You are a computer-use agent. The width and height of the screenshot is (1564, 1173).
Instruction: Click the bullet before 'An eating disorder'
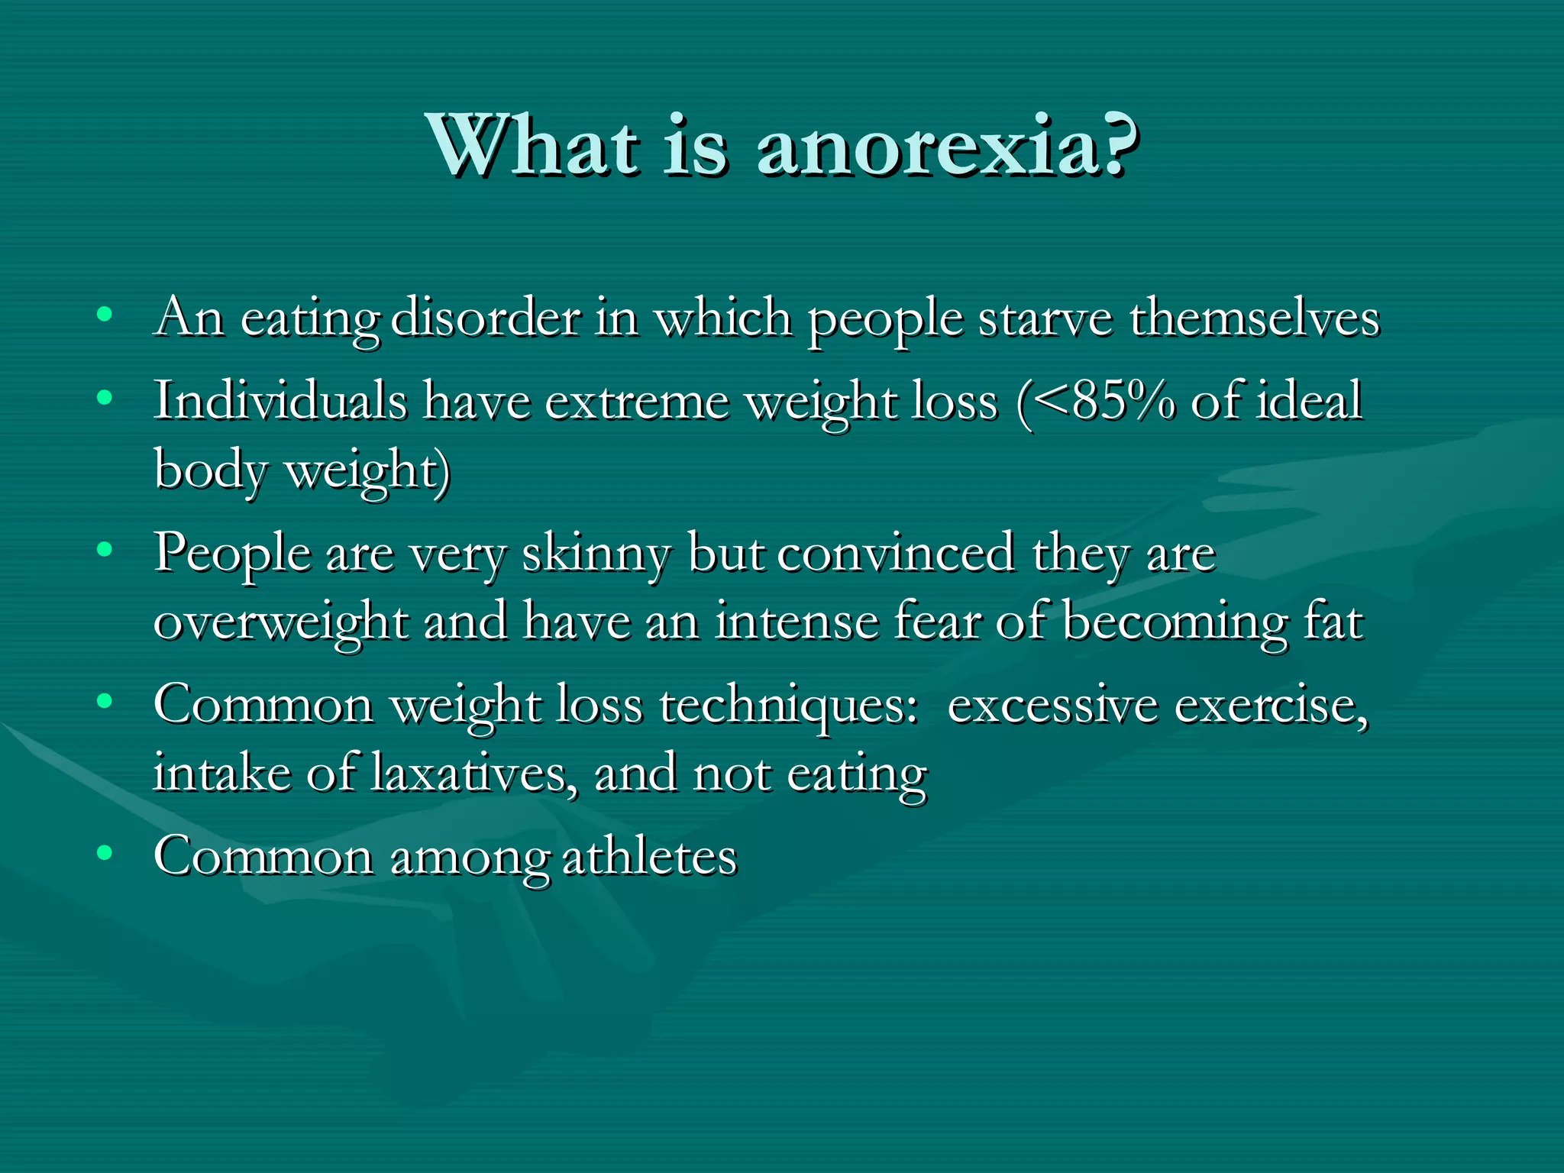(105, 314)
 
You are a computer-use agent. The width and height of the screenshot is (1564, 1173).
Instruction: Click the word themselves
(1255, 318)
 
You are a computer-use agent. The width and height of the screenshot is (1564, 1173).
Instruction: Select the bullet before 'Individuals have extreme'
(105, 397)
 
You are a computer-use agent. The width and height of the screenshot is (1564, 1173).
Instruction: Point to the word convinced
(897, 554)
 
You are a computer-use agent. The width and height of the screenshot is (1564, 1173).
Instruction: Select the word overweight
(280, 622)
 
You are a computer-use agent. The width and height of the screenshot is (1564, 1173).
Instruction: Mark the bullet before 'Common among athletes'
(105, 852)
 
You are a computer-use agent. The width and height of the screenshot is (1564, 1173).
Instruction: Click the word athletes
(650, 857)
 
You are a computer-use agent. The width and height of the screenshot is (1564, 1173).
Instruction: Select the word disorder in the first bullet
(486, 318)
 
